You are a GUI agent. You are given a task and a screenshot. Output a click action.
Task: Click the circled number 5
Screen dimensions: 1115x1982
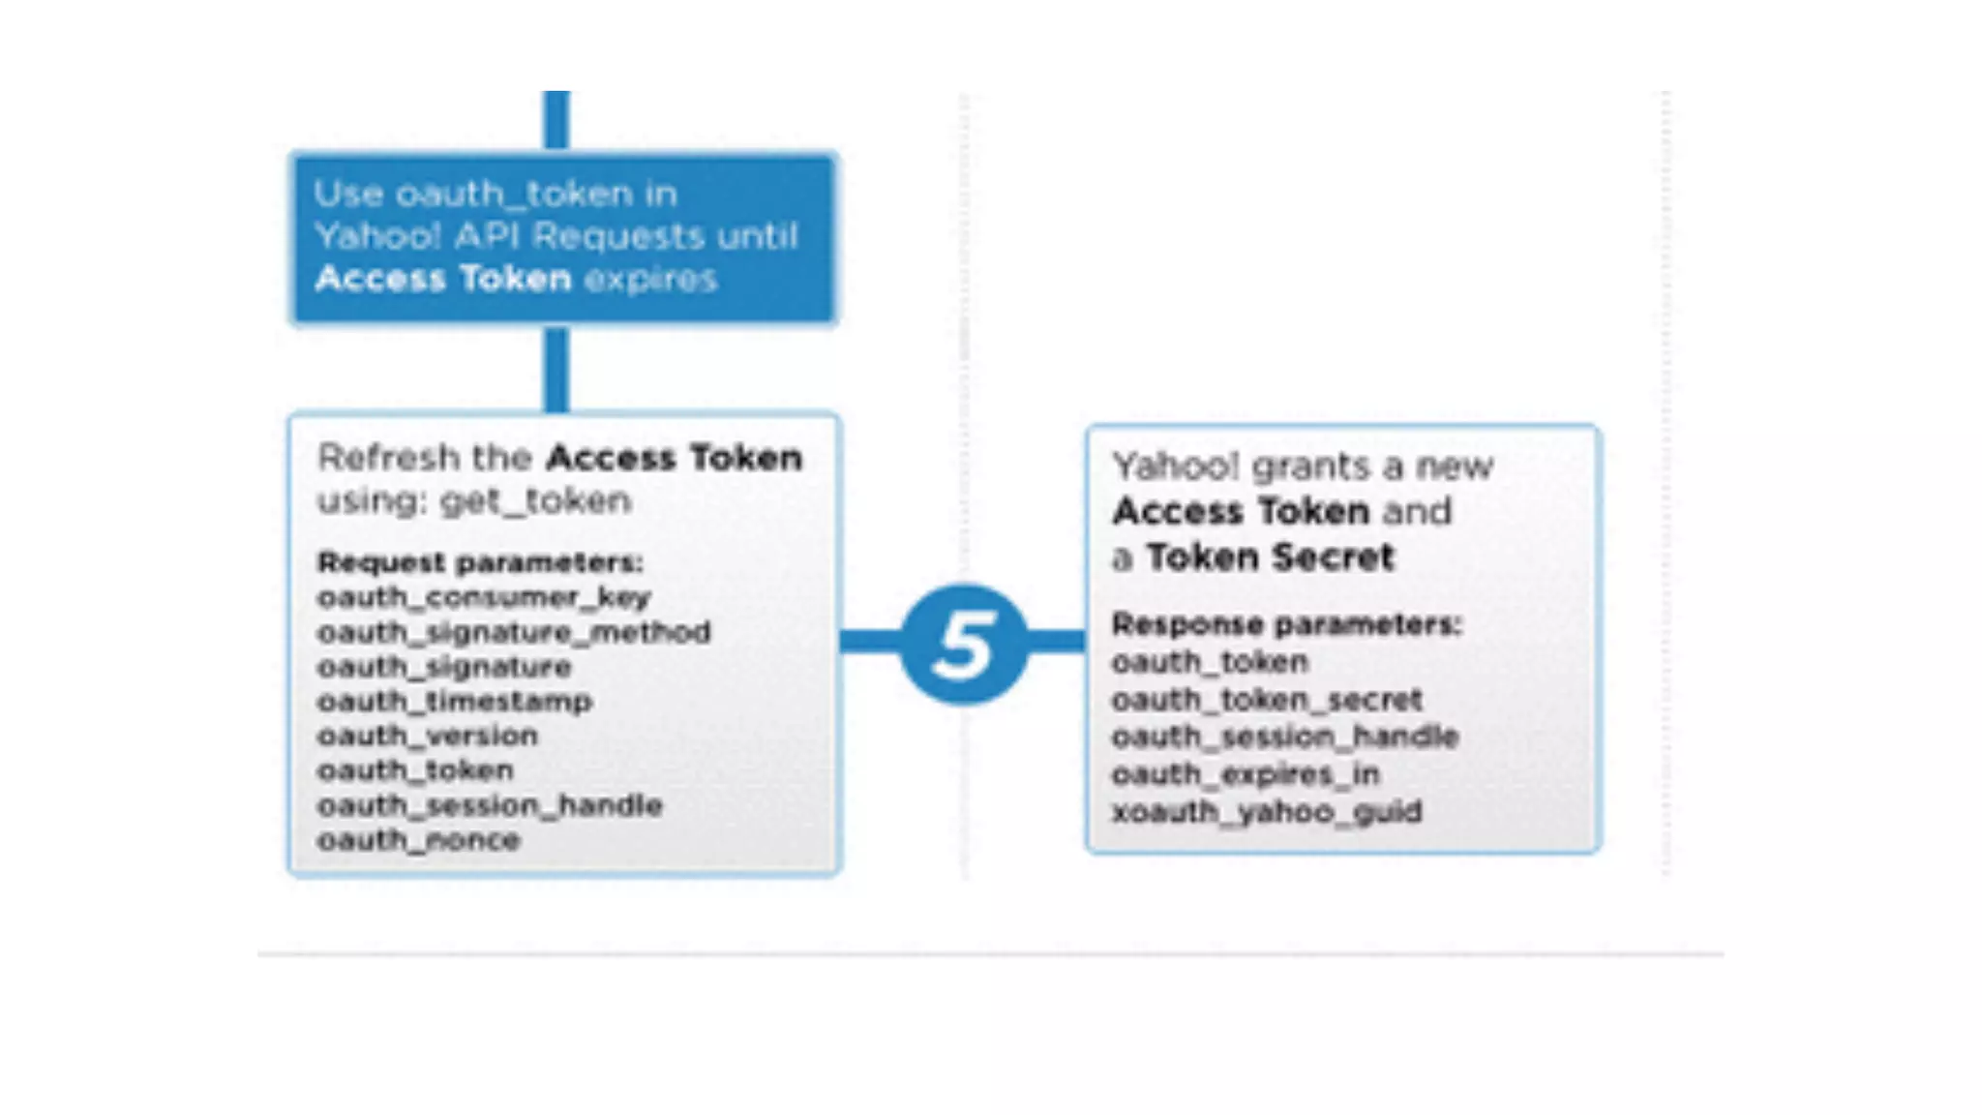964,644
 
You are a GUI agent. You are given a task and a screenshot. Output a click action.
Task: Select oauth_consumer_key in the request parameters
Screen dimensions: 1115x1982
484,597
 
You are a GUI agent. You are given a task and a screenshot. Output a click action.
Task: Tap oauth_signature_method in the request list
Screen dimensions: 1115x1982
514,632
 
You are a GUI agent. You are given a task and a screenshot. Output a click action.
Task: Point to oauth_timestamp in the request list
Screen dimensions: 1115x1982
455,701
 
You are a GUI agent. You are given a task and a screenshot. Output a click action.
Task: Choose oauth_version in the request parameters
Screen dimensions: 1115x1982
428,736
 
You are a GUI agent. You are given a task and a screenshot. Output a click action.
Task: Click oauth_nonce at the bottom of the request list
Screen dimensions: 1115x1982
419,839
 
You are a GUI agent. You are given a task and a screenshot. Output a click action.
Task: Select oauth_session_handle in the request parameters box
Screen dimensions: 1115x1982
490,805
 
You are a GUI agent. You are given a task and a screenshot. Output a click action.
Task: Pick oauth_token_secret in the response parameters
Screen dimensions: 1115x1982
1267,699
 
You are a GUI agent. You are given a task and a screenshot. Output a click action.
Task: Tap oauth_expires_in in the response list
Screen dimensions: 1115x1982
1246,774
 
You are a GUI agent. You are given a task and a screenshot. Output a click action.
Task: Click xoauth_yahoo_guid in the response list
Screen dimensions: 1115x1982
1267,811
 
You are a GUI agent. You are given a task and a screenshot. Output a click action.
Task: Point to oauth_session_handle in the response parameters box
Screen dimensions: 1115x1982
1284,737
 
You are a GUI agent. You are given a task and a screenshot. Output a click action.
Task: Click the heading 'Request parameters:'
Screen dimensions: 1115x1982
480,562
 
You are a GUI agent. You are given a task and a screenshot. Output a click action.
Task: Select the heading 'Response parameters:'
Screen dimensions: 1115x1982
1286,624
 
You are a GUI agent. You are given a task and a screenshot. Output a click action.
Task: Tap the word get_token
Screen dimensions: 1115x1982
535,501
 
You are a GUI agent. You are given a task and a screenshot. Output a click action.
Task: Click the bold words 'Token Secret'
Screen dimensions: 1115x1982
1271,557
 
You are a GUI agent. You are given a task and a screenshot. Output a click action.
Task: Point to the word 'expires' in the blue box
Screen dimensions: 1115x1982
650,280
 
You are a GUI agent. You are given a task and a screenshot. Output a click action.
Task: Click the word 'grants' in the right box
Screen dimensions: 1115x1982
1311,467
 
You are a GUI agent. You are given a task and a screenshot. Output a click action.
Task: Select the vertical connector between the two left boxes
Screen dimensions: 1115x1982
556,369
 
